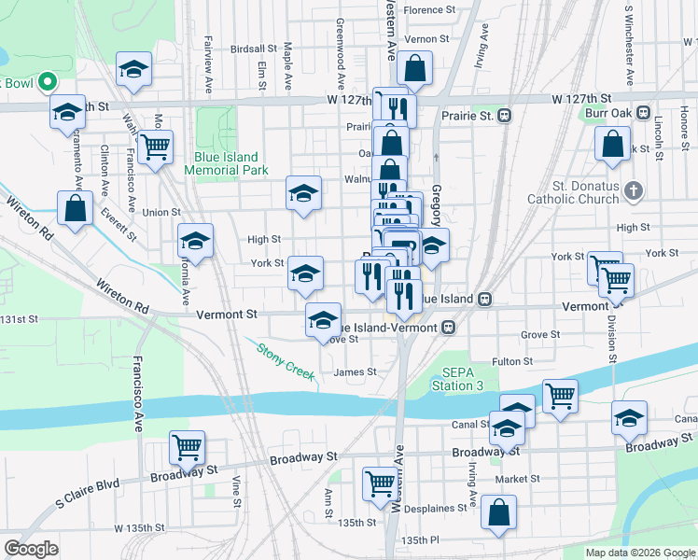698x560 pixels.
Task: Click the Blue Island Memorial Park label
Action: [226, 163]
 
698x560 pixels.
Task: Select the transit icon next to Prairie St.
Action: [505, 116]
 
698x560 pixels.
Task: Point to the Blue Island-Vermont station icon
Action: [449, 328]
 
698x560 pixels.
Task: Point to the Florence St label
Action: [428, 10]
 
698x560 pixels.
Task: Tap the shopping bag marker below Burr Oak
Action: [613, 144]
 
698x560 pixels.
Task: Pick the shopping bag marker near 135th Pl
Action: [499, 511]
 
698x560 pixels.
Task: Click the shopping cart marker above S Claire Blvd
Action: [188, 447]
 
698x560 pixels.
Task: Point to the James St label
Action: [355, 371]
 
